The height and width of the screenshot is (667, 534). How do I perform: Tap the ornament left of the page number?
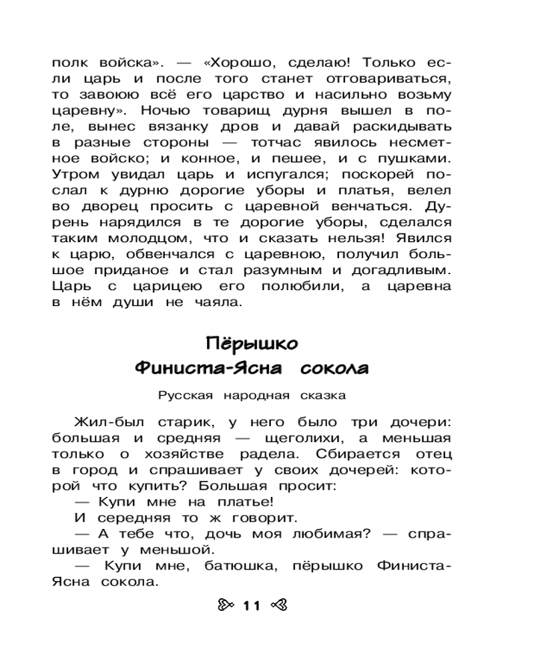tap(226, 605)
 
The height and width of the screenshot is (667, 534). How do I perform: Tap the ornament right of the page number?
tap(278, 605)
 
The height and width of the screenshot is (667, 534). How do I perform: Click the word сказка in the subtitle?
tap(323, 396)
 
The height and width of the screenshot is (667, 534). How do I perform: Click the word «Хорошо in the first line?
tap(234, 63)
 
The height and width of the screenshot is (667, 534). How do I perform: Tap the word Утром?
tap(75, 175)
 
